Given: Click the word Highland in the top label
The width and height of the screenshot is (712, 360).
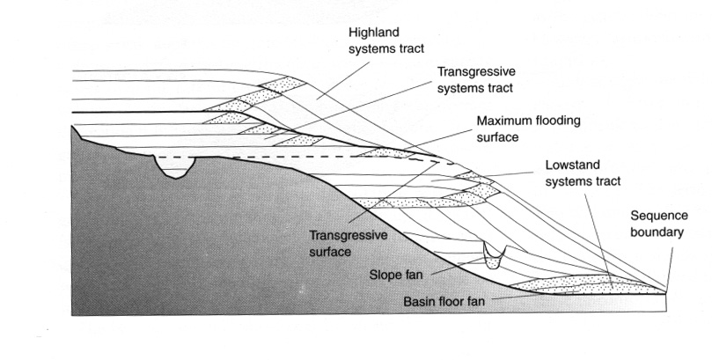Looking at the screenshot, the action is click(x=374, y=33).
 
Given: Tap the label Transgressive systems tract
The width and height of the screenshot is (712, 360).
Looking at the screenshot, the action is click(x=476, y=79).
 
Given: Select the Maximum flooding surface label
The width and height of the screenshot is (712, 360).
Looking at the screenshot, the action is click(x=529, y=129).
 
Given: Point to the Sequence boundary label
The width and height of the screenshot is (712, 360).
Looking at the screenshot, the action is click(x=659, y=224).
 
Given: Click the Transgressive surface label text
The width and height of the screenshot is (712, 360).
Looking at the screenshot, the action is click(x=348, y=243).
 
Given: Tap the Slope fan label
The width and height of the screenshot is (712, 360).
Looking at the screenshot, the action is click(x=396, y=275).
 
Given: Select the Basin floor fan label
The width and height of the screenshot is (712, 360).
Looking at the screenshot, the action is click(x=444, y=301).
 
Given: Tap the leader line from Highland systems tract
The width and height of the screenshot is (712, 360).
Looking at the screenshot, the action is click(x=343, y=81).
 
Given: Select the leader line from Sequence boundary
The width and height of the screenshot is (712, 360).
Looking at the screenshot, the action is click(x=670, y=266).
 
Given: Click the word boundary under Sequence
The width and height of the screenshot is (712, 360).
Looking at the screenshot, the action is click(x=657, y=231).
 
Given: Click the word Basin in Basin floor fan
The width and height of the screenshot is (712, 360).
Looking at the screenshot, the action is click(x=417, y=301).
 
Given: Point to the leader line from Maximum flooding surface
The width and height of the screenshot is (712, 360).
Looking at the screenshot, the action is click(x=439, y=140).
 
